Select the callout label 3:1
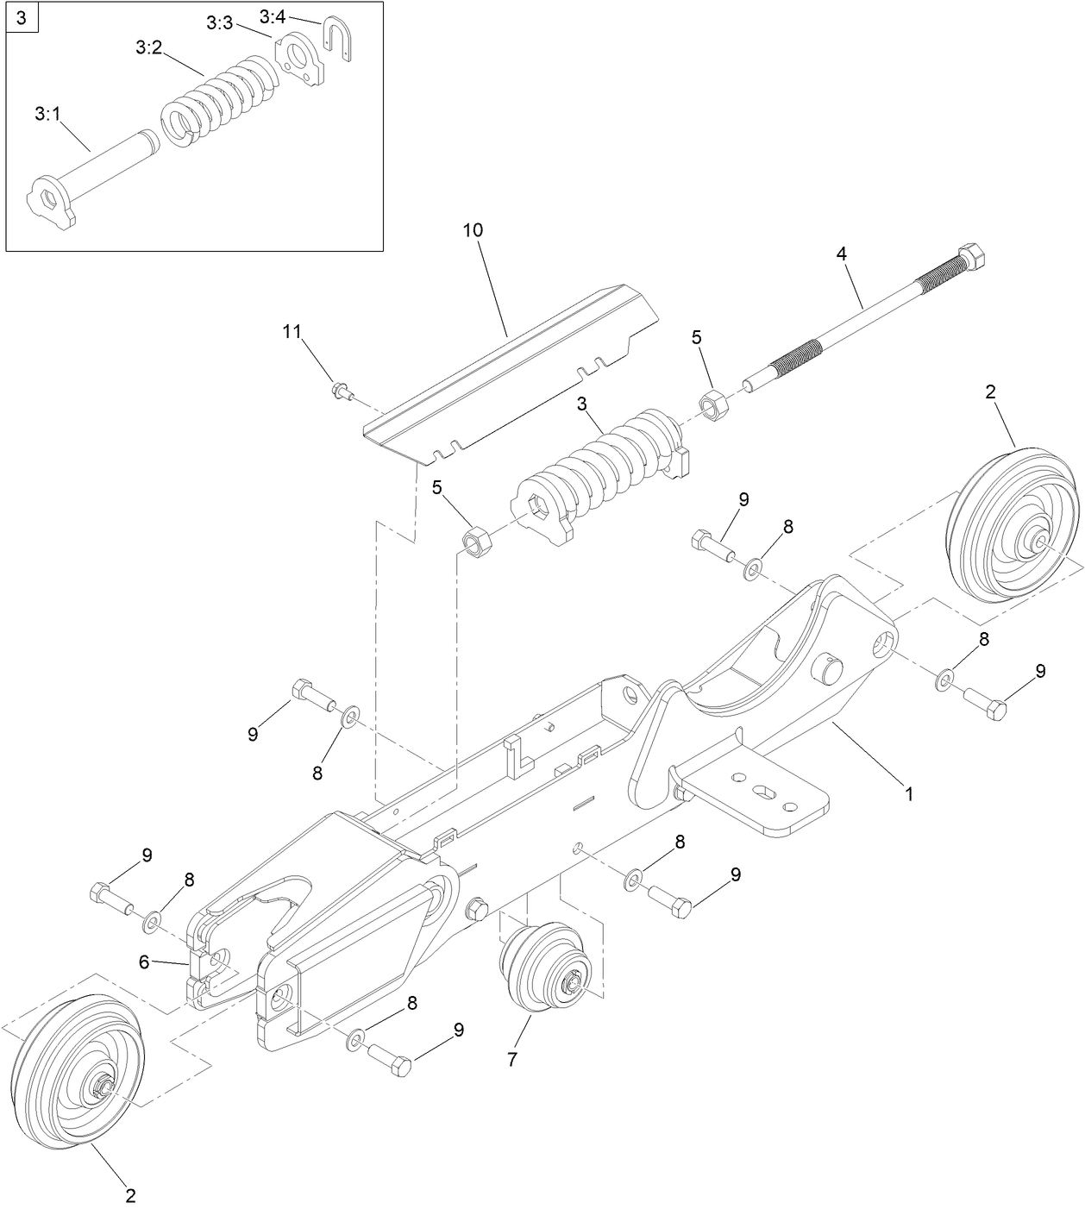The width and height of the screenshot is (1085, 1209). coord(47,113)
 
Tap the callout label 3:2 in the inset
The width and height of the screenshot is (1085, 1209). coord(148,49)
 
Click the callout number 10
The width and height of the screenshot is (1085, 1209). coord(473,230)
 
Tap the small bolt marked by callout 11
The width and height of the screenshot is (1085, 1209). coord(341,393)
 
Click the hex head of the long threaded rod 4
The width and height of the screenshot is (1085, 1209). coord(972,256)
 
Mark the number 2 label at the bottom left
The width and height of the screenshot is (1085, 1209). coord(130,1195)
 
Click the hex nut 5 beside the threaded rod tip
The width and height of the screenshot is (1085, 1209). coord(714,403)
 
